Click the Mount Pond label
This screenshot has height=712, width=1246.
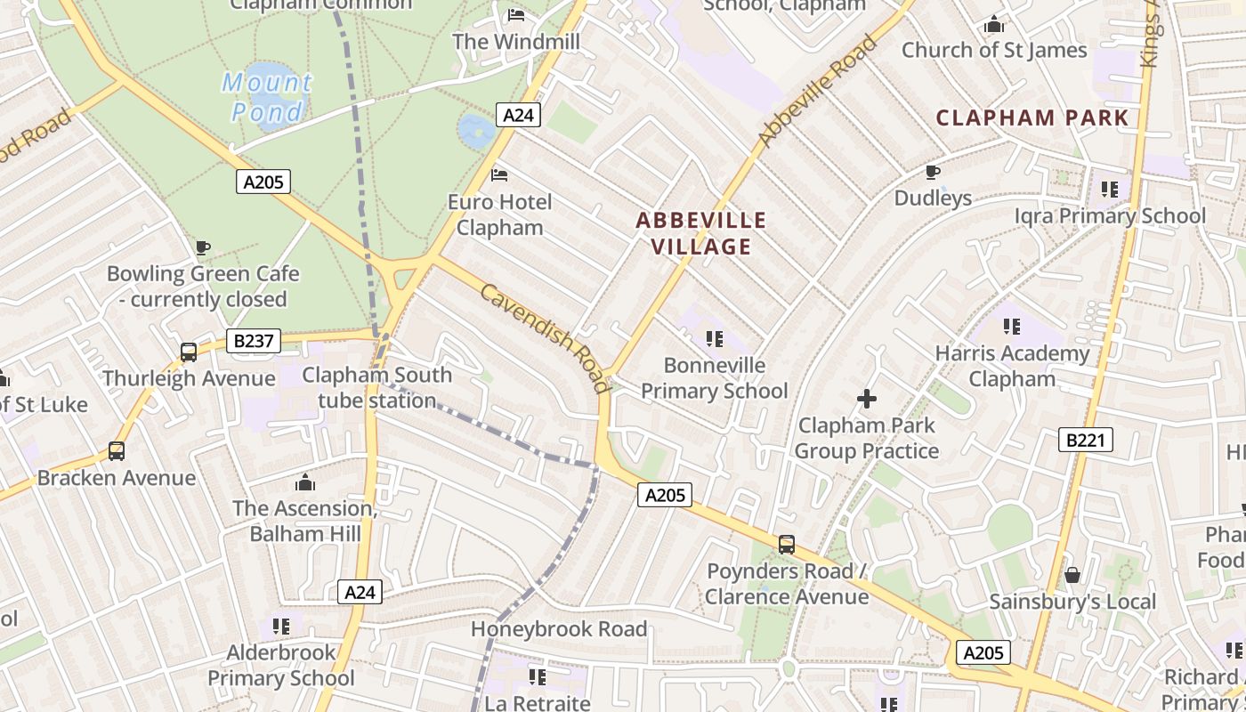pos(267,97)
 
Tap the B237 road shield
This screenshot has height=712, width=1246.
pos(254,341)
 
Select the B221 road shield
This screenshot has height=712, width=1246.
pos(1086,440)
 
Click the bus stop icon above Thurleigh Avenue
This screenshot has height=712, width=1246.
pos(189,352)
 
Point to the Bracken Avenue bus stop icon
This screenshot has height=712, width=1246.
pos(117,451)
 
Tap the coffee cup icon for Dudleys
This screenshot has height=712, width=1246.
pos(933,172)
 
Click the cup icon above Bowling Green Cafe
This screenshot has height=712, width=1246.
pos(203,247)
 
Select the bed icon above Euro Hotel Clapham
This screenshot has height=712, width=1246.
pos(499,175)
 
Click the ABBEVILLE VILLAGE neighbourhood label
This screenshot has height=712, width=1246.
pos(701,233)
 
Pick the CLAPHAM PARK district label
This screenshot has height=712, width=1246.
pos(1032,117)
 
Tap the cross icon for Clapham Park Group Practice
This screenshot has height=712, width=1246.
pos(866,399)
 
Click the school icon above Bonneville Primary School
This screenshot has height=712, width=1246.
pos(714,339)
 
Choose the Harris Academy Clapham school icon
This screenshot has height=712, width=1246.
pos(1011,327)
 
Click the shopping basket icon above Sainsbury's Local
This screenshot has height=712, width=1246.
pos(1072,575)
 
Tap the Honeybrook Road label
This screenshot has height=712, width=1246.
pos(559,629)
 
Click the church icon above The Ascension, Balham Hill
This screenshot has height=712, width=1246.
pos(305,482)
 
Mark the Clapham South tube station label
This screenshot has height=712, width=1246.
pos(377,388)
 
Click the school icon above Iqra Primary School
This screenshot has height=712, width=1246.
pos(1110,190)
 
